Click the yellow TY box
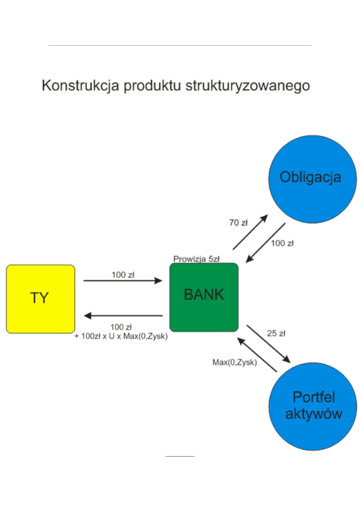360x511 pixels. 40,298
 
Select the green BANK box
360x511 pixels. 204,297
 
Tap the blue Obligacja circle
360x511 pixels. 312,179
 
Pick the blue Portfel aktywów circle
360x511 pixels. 312,405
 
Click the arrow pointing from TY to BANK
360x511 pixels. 123,280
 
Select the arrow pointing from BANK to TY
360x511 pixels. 123,315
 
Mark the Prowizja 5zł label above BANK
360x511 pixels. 196,259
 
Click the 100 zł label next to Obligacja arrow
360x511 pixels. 282,243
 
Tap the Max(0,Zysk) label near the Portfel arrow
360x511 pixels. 235,362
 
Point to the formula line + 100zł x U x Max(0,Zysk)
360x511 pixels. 121,336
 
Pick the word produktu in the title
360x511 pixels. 152,86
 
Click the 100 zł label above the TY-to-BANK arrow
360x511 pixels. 122,274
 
